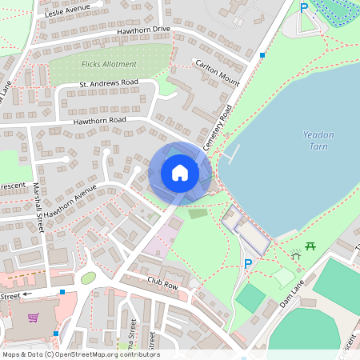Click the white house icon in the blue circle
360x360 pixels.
pyautogui.click(x=180, y=172)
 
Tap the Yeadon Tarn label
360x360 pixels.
pyautogui.click(x=318, y=141)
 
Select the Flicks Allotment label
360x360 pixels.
pyautogui.click(x=110, y=63)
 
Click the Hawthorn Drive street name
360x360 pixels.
pyautogui.click(x=144, y=30)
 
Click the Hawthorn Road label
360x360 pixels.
pyautogui.click(x=100, y=120)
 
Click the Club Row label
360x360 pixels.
pyautogui.click(x=162, y=282)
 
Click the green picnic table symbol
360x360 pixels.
pyautogui.click(x=310, y=246)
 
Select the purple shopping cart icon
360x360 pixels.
pyautogui.click(x=34, y=318)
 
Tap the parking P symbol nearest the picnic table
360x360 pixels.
pyautogui.click(x=248, y=264)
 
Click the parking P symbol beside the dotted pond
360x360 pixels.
pyautogui.click(x=304, y=8)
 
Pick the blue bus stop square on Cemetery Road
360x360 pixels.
pyautogui.click(x=262, y=55)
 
